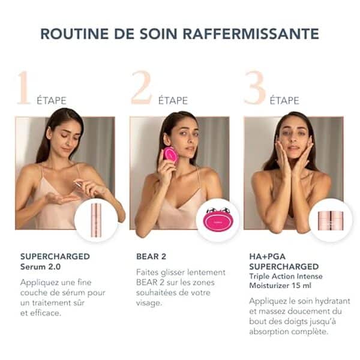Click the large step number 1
click(x=23, y=88)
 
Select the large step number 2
click(x=141, y=88)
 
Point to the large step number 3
click(x=254, y=88)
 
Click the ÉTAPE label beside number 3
click(x=284, y=100)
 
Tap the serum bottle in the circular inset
click(x=96, y=220)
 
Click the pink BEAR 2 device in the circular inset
click(x=218, y=220)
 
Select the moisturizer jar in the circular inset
click(x=331, y=220)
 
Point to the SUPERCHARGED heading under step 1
click(x=55, y=257)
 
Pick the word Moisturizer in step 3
click(x=271, y=287)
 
